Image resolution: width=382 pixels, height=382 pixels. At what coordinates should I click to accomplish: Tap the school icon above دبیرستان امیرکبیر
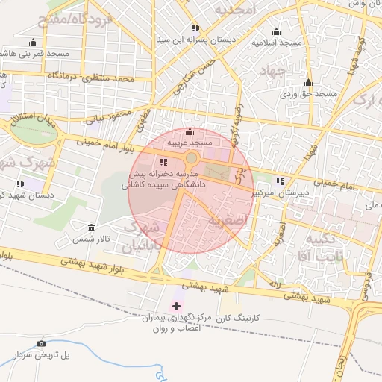pos(280,181)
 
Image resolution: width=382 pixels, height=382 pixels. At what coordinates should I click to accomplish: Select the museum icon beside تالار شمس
pos(92,228)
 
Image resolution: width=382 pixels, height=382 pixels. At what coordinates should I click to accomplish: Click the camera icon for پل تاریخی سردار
pos(41,344)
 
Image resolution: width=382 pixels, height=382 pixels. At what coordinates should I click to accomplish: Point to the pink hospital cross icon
pos(176,306)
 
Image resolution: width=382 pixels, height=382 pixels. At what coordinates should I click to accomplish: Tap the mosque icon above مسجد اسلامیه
pos(276,32)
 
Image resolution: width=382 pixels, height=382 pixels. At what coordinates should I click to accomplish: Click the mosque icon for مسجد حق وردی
pos(308,83)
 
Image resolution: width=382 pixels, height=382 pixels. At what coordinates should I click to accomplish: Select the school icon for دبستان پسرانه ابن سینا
pos(195,28)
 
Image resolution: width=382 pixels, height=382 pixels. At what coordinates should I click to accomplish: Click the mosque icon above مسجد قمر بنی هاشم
pos(33,43)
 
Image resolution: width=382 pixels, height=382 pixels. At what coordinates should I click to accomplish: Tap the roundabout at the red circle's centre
pos(192,158)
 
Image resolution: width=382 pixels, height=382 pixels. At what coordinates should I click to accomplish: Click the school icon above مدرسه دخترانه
pos(164,162)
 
